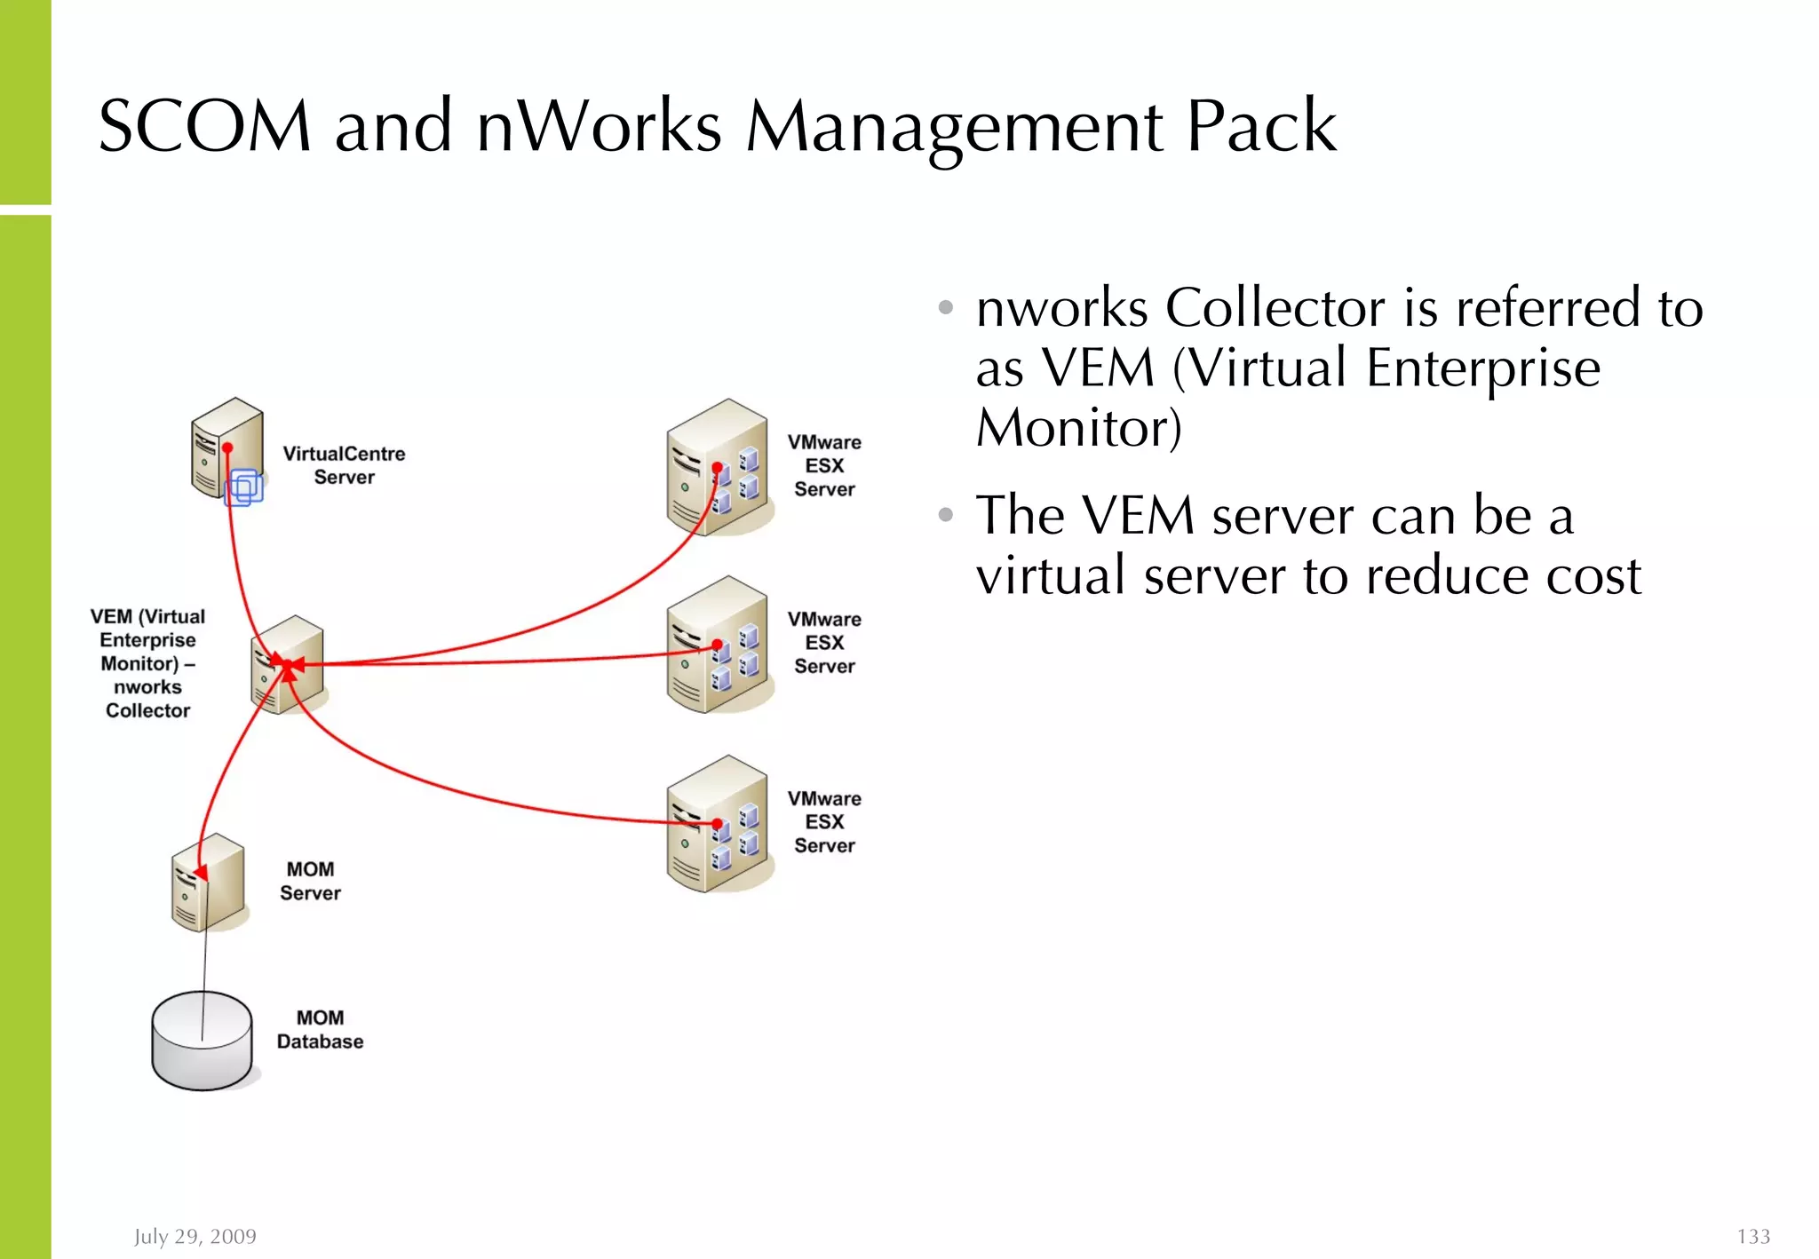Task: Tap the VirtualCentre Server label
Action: pos(344,465)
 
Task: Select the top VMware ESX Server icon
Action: pos(718,468)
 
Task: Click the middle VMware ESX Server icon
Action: pos(718,645)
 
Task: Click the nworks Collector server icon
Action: pos(288,665)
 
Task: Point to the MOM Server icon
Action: pos(208,883)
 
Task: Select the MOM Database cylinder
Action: pos(203,1041)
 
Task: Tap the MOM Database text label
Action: pos(320,1030)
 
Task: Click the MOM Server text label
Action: pos(310,881)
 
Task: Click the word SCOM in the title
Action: pos(204,126)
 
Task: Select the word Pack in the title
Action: pos(1260,126)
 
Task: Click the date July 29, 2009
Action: pos(195,1236)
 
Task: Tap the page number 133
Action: pos(1753,1236)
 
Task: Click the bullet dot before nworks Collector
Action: pos(946,308)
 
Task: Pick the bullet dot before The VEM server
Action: pos(946,515)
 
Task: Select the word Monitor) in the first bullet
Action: pos(1078,428)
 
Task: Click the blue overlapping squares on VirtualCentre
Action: pos(244,487)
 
